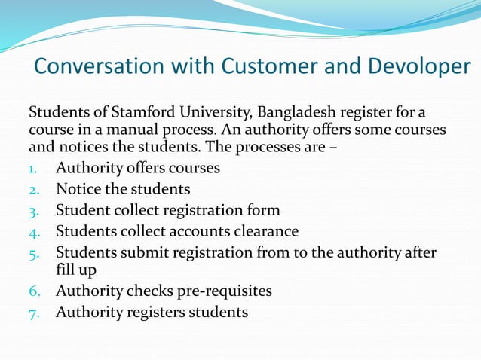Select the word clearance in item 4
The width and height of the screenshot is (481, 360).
pyautogui.click(x=260, y=230)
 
